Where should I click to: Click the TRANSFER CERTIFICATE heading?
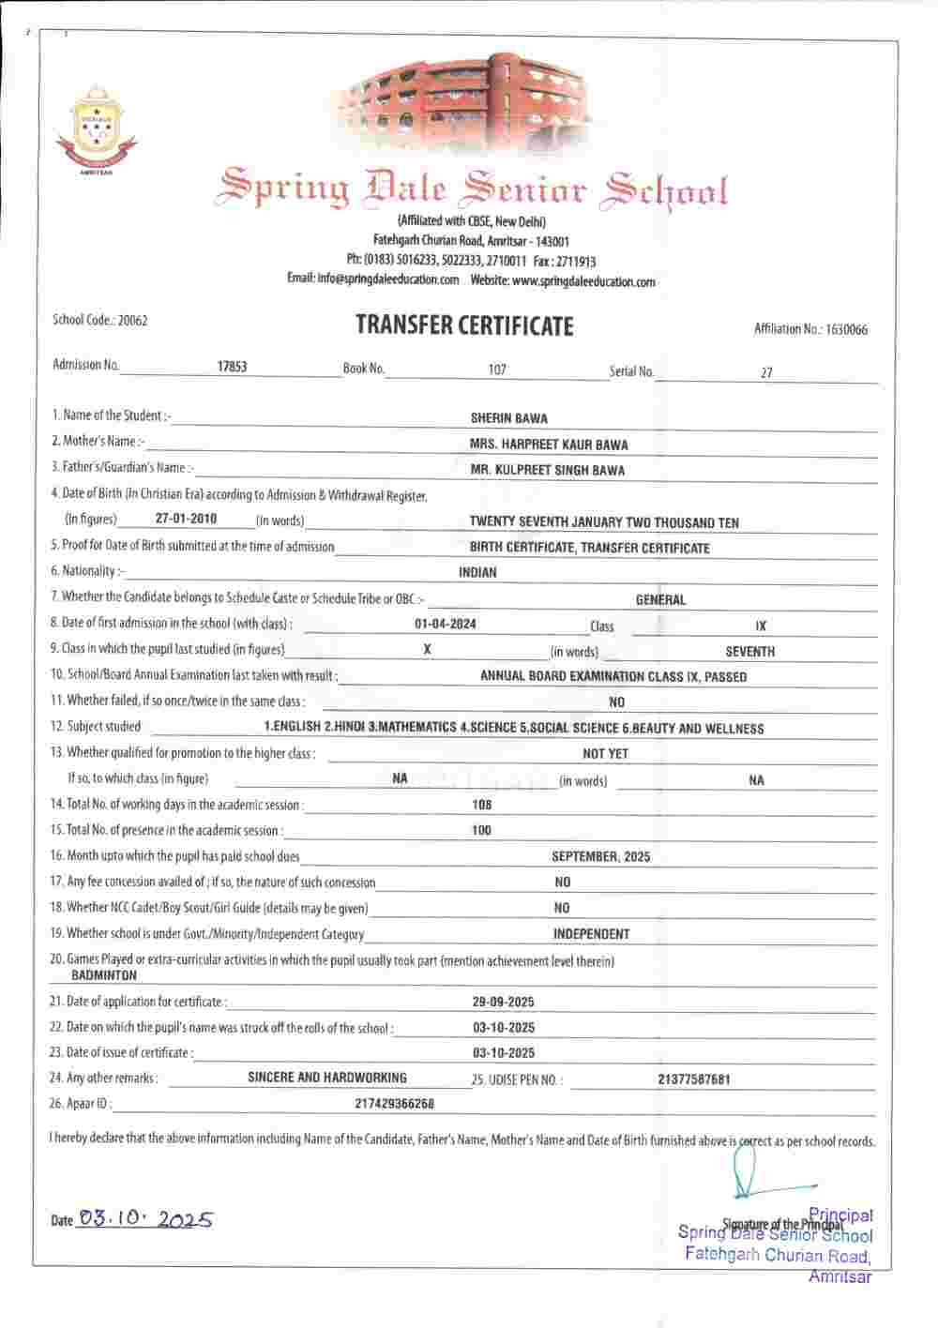coord(464,325)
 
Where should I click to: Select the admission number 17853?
coord(232,367)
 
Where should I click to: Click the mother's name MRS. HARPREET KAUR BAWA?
coord(549,445)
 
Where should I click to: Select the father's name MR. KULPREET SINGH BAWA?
coord(547,470)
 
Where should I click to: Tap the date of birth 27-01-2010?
coord(187,519)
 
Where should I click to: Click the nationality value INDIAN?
coord(477,572)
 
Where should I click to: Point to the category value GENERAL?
coord(660,599)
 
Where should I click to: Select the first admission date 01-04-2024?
coord(445,624)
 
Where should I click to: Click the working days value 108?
coord(481,805)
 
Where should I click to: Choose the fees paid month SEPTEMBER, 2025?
coord(600,856)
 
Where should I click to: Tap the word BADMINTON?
coord(104,975)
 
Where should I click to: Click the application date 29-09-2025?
coord(504,1002)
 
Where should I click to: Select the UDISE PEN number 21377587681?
coord(694,1079)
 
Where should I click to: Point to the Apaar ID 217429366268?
coord(394,1104)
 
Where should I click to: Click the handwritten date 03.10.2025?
coord(145,1219)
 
